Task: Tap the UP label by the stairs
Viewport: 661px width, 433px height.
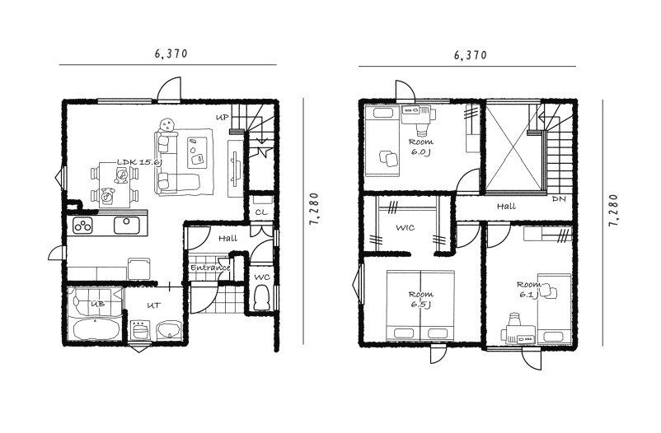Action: [x=223, y=118]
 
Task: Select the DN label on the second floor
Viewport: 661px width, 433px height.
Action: [x=559, y=199]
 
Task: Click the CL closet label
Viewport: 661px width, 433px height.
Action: [x=261, y=212]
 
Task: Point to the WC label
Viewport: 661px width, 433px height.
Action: [x=262, y=277]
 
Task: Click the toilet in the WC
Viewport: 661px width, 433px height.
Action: [x=262, y=298]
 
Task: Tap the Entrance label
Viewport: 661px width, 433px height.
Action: [x=210, y=268]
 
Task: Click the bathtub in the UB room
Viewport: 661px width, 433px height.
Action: [x=95, y=329]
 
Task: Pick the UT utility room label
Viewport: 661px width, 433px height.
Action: [x=153, y=305]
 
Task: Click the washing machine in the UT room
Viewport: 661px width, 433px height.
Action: [x=139, y=330]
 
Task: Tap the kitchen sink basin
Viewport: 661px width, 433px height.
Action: [x=126, y=226]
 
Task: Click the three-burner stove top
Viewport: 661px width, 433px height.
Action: [x=82, y=226]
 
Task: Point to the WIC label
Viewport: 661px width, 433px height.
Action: [x=406, y=228]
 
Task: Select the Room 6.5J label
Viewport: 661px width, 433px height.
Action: [x=420, y=299]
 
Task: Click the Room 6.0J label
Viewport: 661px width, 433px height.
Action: [x=420, y=147]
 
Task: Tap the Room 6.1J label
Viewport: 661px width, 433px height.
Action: [x=528, y=290]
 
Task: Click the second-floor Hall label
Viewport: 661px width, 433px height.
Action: [x=506, y=207]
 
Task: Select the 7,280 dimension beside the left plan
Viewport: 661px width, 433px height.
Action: [x=314, y=209]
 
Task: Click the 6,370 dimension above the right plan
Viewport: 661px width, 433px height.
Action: [x=471, y=55]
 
